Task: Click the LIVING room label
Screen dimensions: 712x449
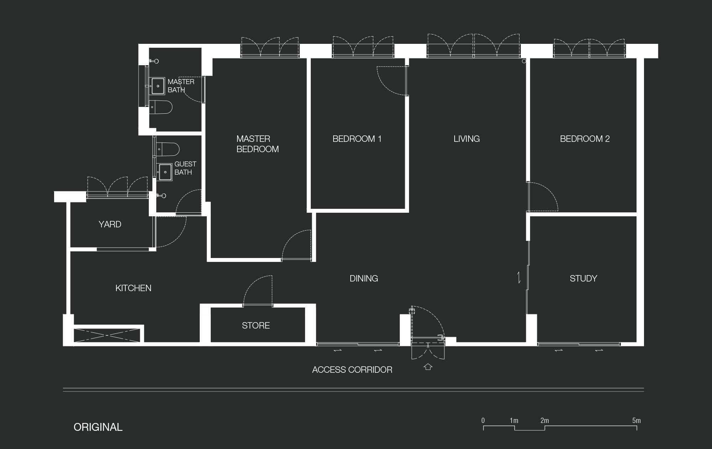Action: [466, 139]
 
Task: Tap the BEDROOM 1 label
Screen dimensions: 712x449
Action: [357, 139]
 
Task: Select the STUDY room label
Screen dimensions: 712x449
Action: [583, 278]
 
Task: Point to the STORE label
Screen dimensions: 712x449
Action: [256, 325]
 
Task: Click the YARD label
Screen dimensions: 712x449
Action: [110, 224]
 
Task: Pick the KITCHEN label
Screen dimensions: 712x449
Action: [133, 288]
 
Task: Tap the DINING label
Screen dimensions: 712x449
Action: [363, 278]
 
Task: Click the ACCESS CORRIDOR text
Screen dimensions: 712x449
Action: [352, 370]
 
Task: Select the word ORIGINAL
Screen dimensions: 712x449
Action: [98, 427]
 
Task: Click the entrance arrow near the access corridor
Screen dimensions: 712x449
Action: [428, 367]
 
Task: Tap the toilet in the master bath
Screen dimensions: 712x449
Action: [161, 107]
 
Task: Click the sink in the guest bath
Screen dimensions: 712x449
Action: [165, 172]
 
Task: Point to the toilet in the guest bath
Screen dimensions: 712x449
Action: [167, 149]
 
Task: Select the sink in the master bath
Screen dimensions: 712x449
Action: [158, 86]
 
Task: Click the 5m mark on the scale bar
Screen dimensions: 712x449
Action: [637, 421]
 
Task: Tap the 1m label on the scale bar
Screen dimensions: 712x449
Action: [514, 421]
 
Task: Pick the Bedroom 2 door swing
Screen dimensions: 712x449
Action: [543, 197]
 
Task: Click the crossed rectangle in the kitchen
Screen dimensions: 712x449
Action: [107, 335]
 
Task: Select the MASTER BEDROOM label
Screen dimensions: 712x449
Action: [257, 144]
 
